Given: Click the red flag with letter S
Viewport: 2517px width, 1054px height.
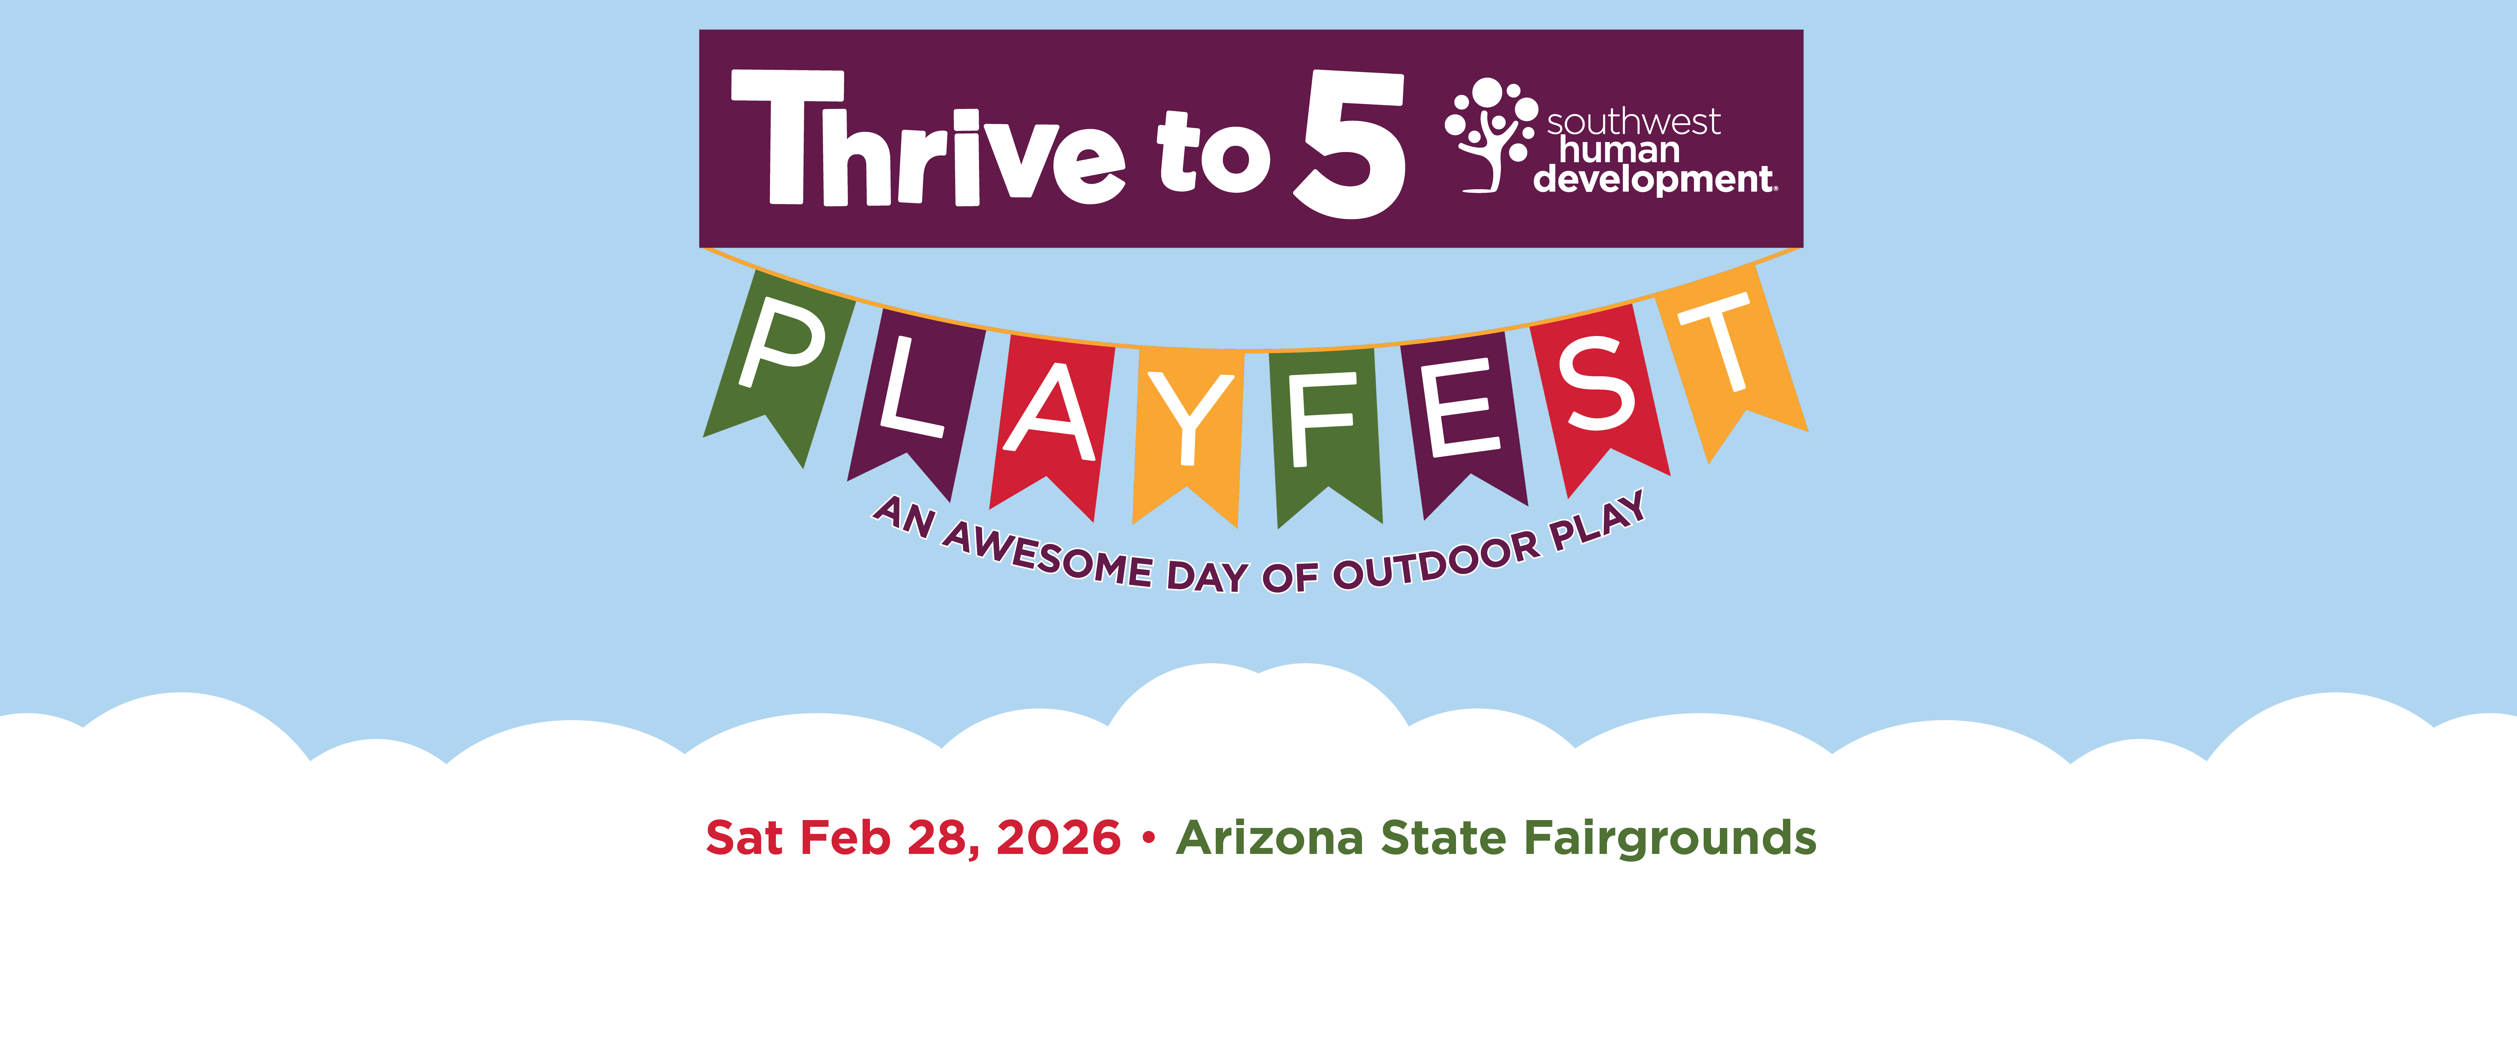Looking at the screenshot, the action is pos(1600,396).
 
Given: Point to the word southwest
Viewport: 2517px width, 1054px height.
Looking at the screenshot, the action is pos(1634,122).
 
